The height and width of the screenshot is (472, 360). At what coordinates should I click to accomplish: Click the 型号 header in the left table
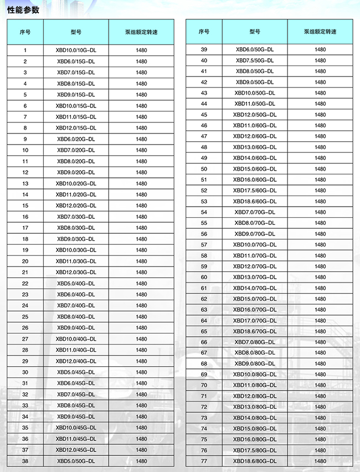(x=76, y=32)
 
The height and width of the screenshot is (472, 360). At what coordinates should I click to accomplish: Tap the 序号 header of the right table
(x=204, y=32)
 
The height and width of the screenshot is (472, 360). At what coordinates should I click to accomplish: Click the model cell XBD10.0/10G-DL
(x=76, y=50)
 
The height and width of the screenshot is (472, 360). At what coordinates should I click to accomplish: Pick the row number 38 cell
(x=25, y=461)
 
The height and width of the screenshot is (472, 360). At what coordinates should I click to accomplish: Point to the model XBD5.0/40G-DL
(x=76, y=283)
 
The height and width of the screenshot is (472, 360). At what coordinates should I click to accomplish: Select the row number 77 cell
(x=204, y=461)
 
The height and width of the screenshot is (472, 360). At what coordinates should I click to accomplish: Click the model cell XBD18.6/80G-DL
(x=255, y=461)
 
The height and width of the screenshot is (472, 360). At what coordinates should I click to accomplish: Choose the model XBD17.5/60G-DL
(x=255, y=191)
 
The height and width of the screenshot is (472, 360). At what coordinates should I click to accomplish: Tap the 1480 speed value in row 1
(x=141, y=50)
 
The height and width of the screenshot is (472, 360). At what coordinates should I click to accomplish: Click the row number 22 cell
(x=25, y=283)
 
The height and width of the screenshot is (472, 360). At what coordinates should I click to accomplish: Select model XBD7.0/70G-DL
(x=255, y=212)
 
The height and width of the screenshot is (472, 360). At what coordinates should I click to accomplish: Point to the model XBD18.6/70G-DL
(x=255, y=331)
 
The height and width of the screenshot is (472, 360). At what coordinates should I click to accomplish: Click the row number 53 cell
(x=204, y=201)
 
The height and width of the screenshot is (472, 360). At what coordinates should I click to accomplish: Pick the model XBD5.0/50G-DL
(x=76, y=461)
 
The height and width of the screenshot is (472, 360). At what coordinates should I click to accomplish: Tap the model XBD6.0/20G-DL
(x=76, y=139)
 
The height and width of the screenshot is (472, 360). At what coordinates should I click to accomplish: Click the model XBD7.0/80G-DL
(x=255, y=342)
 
